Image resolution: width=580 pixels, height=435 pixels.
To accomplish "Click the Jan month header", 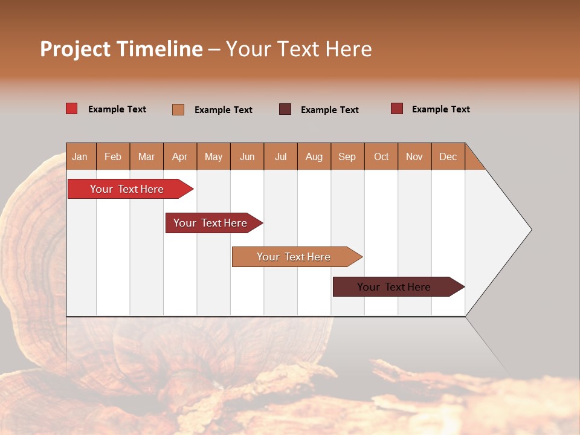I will point(80,156).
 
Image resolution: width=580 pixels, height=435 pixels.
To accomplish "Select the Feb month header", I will point(113,156).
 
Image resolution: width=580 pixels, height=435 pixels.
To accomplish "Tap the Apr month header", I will point(179,156).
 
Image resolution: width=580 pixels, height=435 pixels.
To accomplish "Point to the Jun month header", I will point(247,156).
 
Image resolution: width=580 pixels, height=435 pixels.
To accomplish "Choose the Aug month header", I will point(314,156).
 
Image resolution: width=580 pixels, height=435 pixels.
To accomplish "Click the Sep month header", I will point(347,156).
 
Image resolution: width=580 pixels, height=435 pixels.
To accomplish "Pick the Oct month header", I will point(381,156).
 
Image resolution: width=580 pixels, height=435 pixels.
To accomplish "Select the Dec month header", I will point(448,156).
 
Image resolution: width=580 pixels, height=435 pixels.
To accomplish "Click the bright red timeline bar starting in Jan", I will point(127,189).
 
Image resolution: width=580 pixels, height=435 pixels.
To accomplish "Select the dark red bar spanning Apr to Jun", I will point(210,223).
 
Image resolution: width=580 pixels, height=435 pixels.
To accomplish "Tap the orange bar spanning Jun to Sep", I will point(294,257).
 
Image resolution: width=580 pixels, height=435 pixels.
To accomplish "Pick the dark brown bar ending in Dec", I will point(394,287).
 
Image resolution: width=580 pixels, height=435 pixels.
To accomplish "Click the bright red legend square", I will point(72,109).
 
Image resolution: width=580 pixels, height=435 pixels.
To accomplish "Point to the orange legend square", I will point(178,109).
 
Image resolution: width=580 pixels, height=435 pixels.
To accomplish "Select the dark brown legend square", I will point(285,109).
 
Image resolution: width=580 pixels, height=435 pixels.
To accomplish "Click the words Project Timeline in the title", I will point(121,49).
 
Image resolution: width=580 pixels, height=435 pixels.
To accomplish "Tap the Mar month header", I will point(146,156).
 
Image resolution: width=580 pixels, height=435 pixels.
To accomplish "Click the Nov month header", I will point(414,156).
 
